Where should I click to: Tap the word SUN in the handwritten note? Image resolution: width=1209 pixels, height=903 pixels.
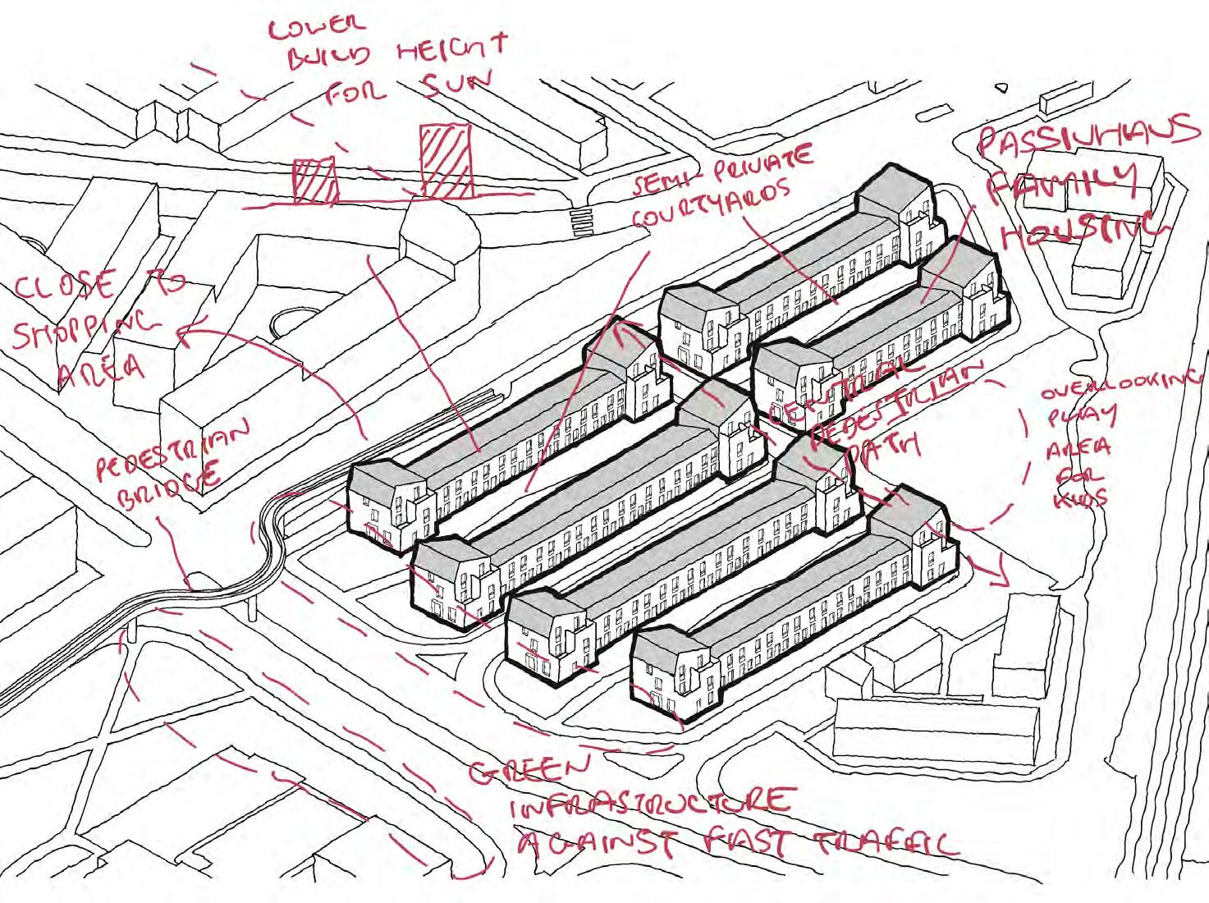[x=456, y=84]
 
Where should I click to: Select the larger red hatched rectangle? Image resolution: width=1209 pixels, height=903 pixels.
[x=446, y=161]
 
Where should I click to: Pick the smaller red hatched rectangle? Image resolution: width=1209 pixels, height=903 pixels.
[x=315, y=181]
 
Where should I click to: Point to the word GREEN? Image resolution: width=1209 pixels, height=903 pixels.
[x=529, y=770]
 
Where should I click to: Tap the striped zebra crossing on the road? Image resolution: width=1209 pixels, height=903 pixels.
[x=582, y=222]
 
